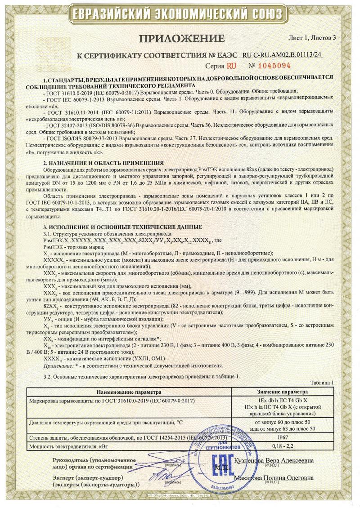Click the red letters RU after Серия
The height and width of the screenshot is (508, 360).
[231, 66]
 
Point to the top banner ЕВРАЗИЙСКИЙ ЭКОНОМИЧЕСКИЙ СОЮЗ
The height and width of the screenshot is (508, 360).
[180, 14]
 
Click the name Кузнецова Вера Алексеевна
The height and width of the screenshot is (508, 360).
[274, 461]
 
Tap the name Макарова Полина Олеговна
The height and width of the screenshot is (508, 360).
[274, 477]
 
